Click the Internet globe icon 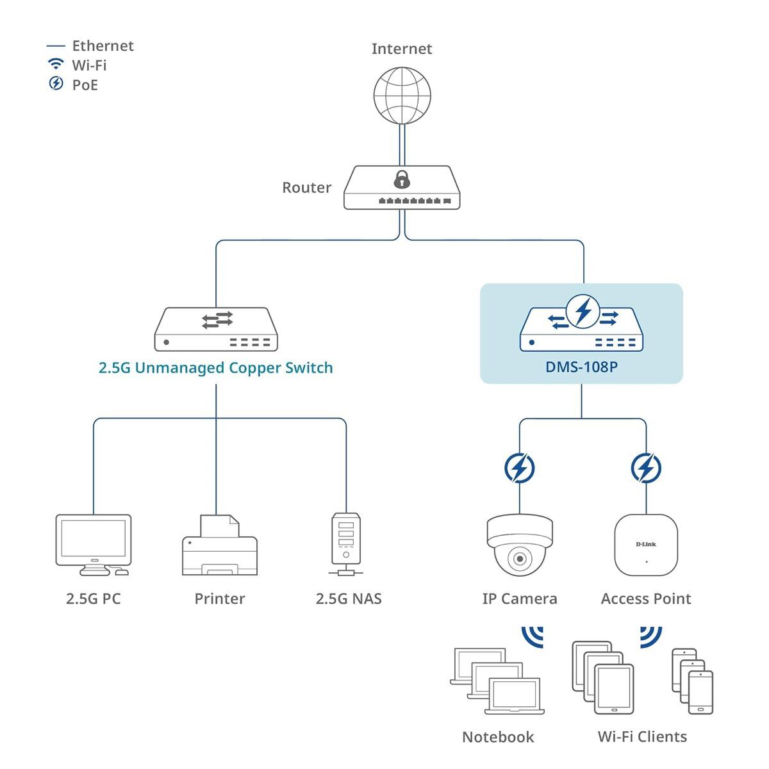point(402,95)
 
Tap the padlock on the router point(402,179)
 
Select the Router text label point(306,188)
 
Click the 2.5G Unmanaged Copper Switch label point(215,368)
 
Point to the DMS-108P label point(581,367)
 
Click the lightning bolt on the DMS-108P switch point(583,311)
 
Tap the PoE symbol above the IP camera point(519,468)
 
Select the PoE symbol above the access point point(646,468)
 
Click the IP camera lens point(519,558)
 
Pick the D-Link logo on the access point point(646,544)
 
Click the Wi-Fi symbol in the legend point(56,64)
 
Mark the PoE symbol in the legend point(56,83)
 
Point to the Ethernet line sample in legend point(56,46)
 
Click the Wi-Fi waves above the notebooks point(533,636)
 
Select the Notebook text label point(497,737)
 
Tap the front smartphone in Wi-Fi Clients point(700,692)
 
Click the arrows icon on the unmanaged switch point(217,320)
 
